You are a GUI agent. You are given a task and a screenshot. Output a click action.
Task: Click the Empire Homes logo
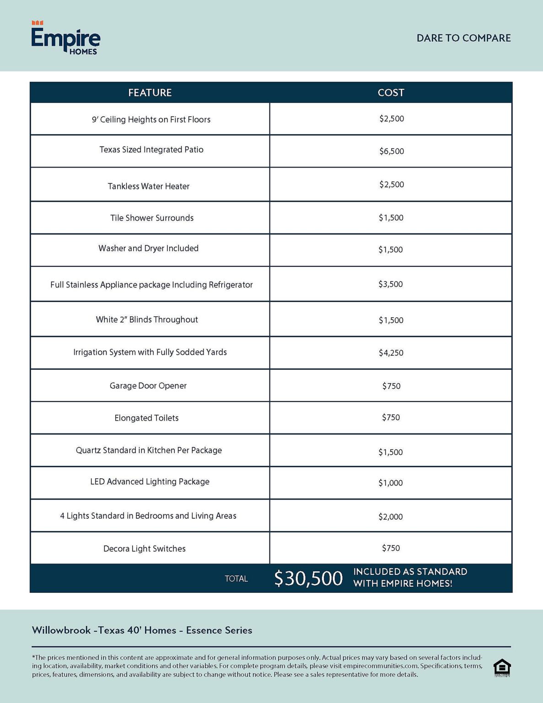click(x=65, y=38)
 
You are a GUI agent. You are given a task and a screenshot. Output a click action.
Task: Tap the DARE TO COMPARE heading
click(x=463, y=38)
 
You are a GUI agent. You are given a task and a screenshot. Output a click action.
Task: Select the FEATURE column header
click(x=150, y=92)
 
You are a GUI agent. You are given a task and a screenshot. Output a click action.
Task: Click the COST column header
click(x=391, y=92)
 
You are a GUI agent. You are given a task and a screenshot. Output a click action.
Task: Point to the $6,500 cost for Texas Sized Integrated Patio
click(x=391, y=151)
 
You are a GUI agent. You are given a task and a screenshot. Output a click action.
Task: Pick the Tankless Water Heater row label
click(x=149, y=186)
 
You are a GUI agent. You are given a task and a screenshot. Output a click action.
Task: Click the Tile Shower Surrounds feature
click(x=152, y=218)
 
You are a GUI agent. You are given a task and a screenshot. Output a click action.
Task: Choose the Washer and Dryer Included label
click(x=149, y=248)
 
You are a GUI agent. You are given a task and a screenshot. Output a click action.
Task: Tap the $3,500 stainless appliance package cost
click(x=390, y=284)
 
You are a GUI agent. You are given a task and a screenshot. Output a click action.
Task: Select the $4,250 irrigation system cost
click(x=391, y=353)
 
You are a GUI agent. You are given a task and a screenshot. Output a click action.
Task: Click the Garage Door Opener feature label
click(x=148, y=386)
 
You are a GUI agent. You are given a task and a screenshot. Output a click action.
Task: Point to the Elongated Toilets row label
click(x=146, y=418)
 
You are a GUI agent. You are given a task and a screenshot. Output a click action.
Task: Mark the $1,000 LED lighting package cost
click(x=390, y=483)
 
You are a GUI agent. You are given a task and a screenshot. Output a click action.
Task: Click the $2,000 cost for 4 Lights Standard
click(x=390, y=517)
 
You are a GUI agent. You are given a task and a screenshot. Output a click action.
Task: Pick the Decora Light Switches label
click(x=145, y=549)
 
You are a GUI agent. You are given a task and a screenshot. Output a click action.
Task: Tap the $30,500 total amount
click(x=308, y=579)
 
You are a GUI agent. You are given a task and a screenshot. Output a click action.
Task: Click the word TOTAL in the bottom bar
click(x=236, y=579)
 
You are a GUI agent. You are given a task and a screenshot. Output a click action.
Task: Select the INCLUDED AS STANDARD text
click(x=410, y=572)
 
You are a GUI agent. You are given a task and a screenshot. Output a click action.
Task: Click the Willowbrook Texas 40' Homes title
click(x=142, y=630)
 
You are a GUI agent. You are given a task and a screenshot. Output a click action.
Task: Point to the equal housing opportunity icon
click(x=502, y=667)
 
